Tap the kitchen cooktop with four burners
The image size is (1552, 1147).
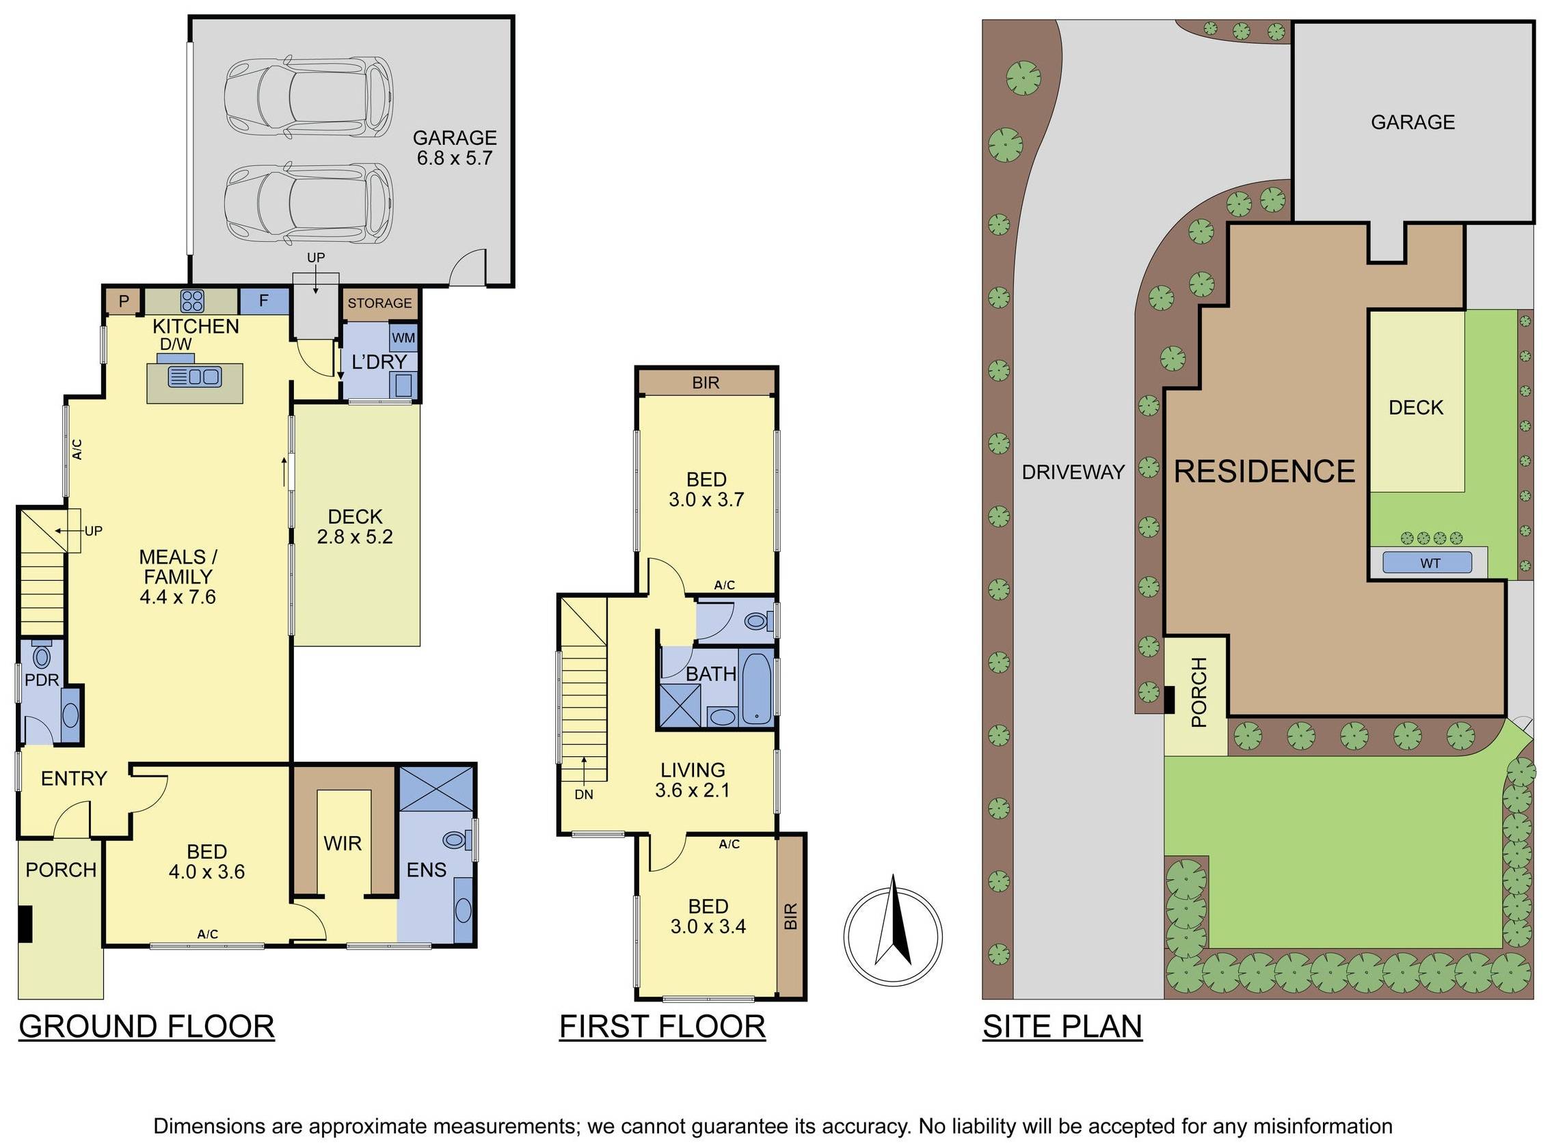[x=192, y=301]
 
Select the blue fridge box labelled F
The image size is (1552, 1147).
[x=263, y=301]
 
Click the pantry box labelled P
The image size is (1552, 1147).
[x=124, y=301]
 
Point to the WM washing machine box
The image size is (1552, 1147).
[x=403, y=338]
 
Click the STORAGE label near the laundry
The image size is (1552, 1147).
[x=379, y=303]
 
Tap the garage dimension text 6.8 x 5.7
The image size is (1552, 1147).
[x=455, y=158]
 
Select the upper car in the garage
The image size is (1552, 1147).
[x=308, y=94]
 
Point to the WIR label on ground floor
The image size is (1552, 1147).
[x=343, y=843]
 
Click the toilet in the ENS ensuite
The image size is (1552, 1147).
[x=456, y=840]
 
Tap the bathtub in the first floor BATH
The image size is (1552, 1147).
[x=756, y=687]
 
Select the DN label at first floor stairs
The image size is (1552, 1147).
[x=584, y=794]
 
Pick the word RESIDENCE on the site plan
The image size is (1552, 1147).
[x=1263, y=471]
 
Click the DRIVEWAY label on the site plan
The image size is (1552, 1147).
[x=1072, y=472]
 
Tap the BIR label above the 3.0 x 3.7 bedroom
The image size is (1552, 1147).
[x=705, y=383]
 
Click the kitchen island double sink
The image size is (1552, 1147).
[x=196, y=377]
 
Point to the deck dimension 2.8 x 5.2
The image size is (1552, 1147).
[x=354, y=537]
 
